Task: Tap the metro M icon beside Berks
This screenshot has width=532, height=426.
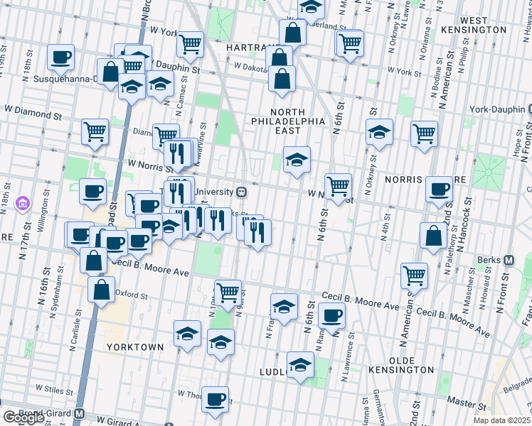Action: click(509, 261)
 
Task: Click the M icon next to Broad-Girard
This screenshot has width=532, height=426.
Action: click(80, 413)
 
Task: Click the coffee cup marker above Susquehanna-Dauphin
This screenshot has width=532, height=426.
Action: click(61, 57)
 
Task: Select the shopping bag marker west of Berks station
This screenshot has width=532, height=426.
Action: click(433, 236)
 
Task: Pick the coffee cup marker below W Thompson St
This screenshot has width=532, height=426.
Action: click(215, 399)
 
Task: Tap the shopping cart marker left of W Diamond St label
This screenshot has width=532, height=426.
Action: click(95, 131)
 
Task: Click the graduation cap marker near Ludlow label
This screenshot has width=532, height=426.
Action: click(300, 365)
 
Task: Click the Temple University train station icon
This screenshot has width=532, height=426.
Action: click(242, 192)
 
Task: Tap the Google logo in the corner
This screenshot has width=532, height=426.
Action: click(23, 417)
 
